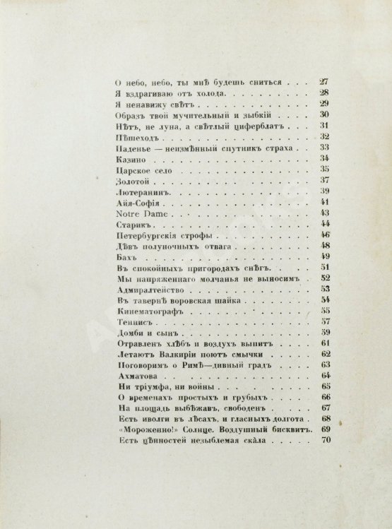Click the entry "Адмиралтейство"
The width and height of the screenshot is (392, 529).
(x=146, y=289)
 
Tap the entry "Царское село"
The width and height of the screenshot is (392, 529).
(x=138, y=172)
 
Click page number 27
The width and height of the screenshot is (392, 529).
(x=326, y=82)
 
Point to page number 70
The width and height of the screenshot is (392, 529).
(x=326, y=442)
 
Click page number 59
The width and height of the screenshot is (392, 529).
(x=326, y=332)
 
